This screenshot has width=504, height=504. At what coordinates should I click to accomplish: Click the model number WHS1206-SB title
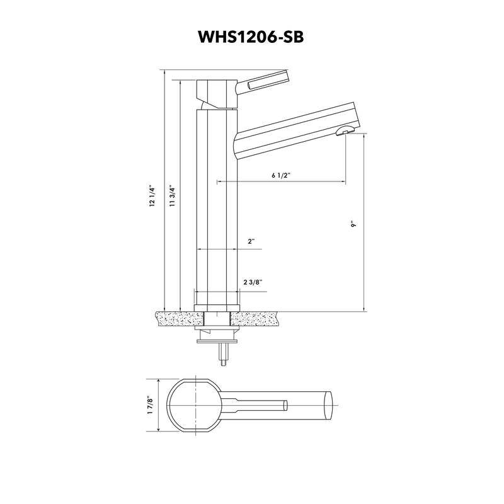pyautogui.click(x=251, y=37)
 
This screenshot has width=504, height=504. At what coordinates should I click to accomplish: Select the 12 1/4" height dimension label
pyautogui.click(x=152, y=197)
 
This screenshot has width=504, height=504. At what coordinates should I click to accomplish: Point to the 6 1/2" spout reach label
pyautogui.click(x=281, y=176)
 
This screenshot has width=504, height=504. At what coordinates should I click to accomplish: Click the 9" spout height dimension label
pyautogui.click(x=355, y=224)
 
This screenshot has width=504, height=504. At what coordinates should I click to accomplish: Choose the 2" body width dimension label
pyautogui.click(x=251, y=241)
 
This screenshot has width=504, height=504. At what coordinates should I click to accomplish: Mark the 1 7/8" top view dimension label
pyautogui.click(x=149, y=404)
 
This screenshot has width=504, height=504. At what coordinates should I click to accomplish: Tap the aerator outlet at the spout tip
pyautogui.click(x=344, y=131)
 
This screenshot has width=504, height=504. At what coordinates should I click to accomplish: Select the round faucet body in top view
pyautogui.click(x=193, y=404)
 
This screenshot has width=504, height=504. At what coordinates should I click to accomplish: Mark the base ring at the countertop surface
pyautogui.click(x=217, y=308)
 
